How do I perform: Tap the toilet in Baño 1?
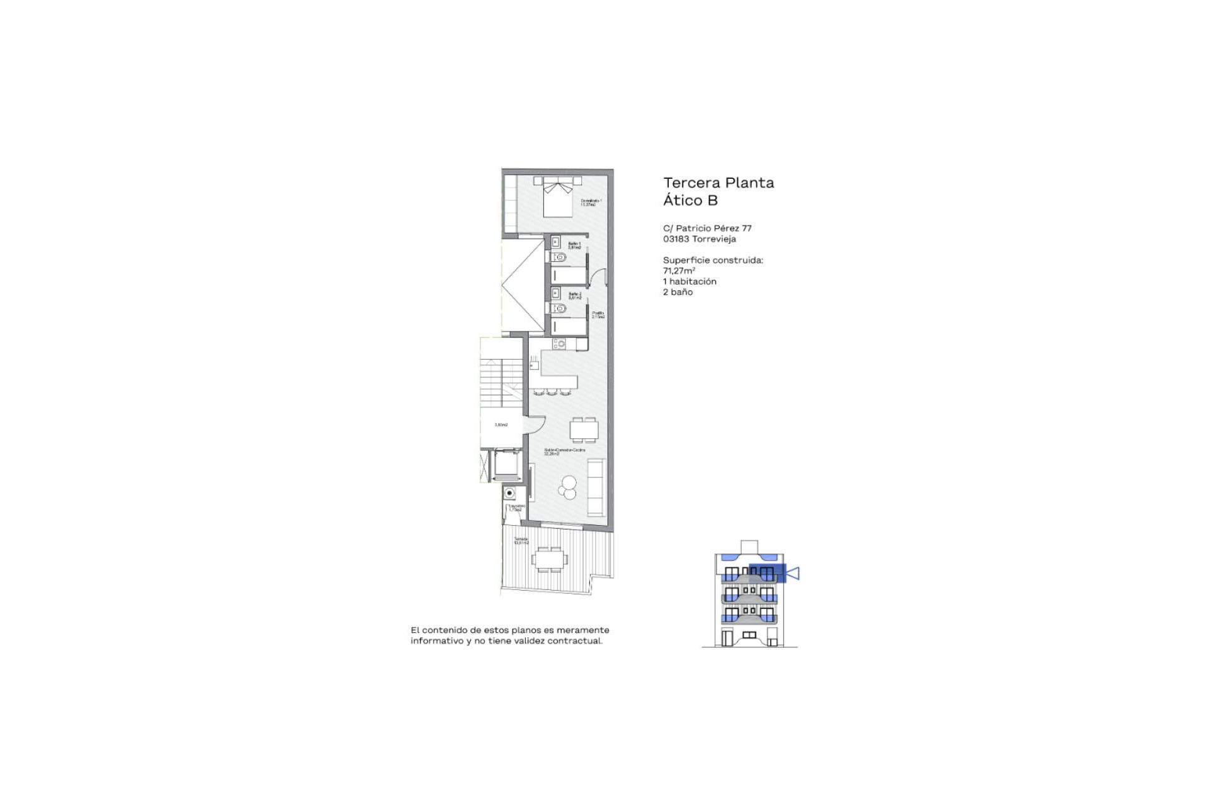560,258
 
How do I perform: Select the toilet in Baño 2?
560,309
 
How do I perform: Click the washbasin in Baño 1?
555,242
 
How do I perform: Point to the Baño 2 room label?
574,295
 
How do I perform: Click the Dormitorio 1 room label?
591,202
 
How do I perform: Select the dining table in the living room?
584,430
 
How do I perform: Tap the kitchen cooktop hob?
559,344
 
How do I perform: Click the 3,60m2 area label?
501,425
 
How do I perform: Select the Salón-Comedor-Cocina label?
564,451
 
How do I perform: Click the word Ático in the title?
683,200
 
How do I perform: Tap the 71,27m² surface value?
679,271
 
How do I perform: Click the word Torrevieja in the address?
714,239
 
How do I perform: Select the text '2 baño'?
678,292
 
